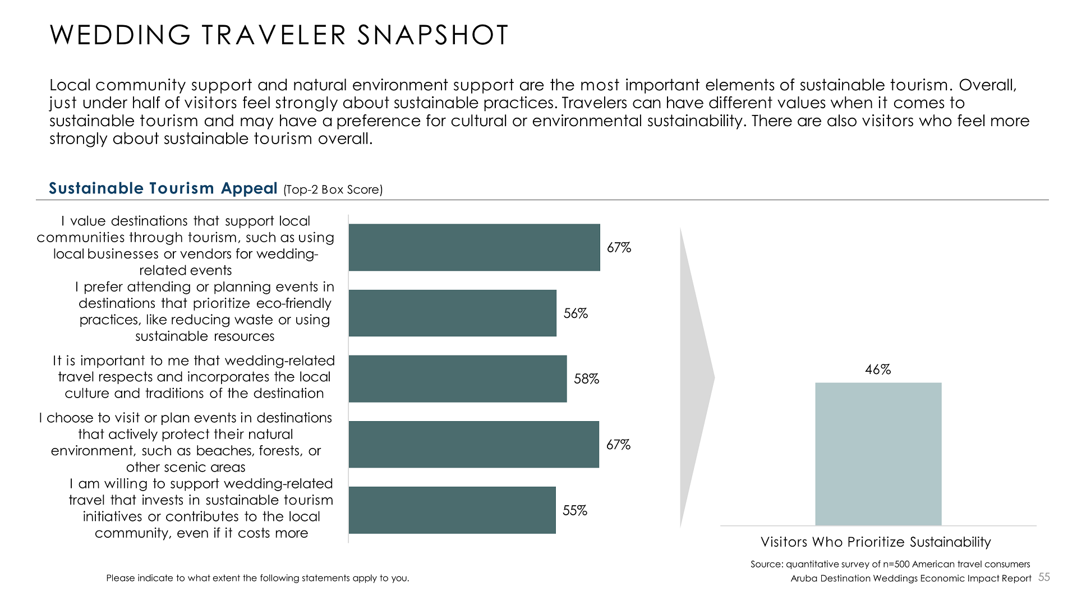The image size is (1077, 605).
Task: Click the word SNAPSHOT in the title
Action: pyautogui.click(x=432, y=35)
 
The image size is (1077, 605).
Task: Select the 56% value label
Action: pyautogui.click(x=576, y=313)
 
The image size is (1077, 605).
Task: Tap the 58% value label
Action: pyautogui.click(x=586, y=379)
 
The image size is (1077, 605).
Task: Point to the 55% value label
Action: pyautogui.click(x=575, y=510)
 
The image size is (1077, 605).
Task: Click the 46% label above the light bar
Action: pyautogui.click(x=878, y=370)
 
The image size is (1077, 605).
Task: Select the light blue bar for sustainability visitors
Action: pyautogui.click(x=878, y=454)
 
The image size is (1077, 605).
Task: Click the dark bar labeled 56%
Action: pyautogui.click(x=452, y=313)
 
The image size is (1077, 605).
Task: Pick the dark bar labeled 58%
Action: pyautogui.click(x=457, y=378)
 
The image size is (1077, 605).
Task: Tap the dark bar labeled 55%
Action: pyautogui.click(x=452, y=510)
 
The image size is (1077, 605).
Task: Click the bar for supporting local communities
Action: pyautogui.click(x=474, y=247)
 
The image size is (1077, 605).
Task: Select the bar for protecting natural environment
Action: pyautogui.click(x=473, y=444)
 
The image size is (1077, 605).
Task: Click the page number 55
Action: pyautogui.click(x=1044, y=578)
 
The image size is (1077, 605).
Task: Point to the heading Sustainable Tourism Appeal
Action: pyautogui.click(x=163, y=188)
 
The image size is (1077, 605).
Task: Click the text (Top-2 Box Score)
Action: pyautogui.click(x=333, y=190)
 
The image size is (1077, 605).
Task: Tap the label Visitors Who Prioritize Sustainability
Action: pyautogui.click(x=876, y=542)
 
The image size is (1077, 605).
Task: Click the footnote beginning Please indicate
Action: pyautogui.click(x=257, y=578)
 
